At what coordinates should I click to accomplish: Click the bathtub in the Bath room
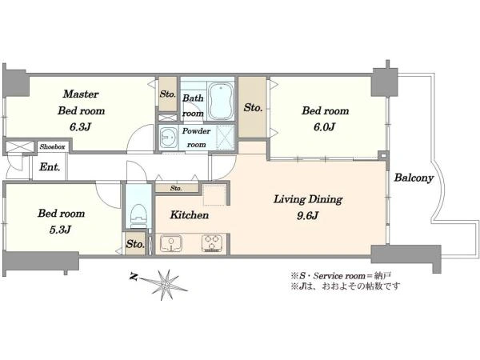pyautogui.click(x=221, y=101)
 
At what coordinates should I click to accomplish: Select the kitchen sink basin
pyautogui.click(x=170, y=244)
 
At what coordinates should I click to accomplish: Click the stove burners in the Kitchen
pyautogui.click(x=211, y=244)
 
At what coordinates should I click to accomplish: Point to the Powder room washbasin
pyautogui.click(x=168, y=137)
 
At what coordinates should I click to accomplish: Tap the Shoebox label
pyautogui.click(x=52, y=146)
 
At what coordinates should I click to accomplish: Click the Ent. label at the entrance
pyautogui.click(x=50, y=167)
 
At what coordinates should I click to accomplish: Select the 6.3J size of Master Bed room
pyautogui.click(x=80, y=126)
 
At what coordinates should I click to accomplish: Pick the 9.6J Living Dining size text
pyautogui.click(x=308, y=216)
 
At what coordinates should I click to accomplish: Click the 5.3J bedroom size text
pyautogui.click(x=60, y=230)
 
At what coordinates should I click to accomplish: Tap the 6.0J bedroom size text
pyautogui.click(x=325, y=126)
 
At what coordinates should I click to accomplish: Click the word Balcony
pyautogui.click(x=414, y=178)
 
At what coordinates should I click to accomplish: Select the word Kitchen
pyautogui.click(x=190, y=215)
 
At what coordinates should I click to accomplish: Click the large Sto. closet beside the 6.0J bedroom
pyautogui.click(x=253, y=107)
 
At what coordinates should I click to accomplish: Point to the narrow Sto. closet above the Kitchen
pyautogui.click(x=177, y=188)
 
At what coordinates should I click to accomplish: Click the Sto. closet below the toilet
pyautogui.click(x=135, y=244)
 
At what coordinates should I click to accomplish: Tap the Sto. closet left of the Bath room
pyautogui.click(x=168, y=94)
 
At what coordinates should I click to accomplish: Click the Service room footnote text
pyautogui.click(x=341, y=276)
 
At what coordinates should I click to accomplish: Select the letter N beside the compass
pyautogui.click(x=133, y=277)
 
